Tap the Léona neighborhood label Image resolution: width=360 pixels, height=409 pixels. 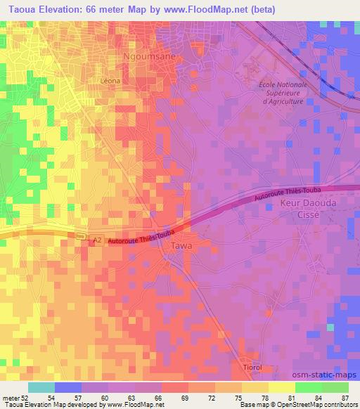click(x=111, y=80)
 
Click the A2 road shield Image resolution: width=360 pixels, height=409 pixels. click(x=96, y=240)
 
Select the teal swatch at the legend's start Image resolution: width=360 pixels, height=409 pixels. click(x=41, y=387)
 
